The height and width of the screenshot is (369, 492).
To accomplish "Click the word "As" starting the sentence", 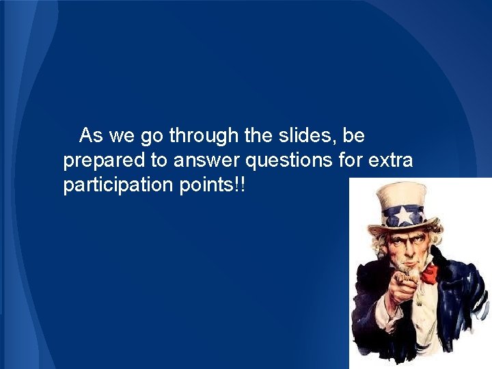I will pos(90,136).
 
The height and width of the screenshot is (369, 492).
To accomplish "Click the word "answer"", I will pos(206,162).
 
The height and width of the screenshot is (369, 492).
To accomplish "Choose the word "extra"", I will pos(391,161).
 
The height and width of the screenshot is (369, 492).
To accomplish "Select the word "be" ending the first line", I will pos(354,136).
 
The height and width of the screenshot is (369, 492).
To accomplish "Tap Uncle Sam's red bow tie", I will pos(428,275).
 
